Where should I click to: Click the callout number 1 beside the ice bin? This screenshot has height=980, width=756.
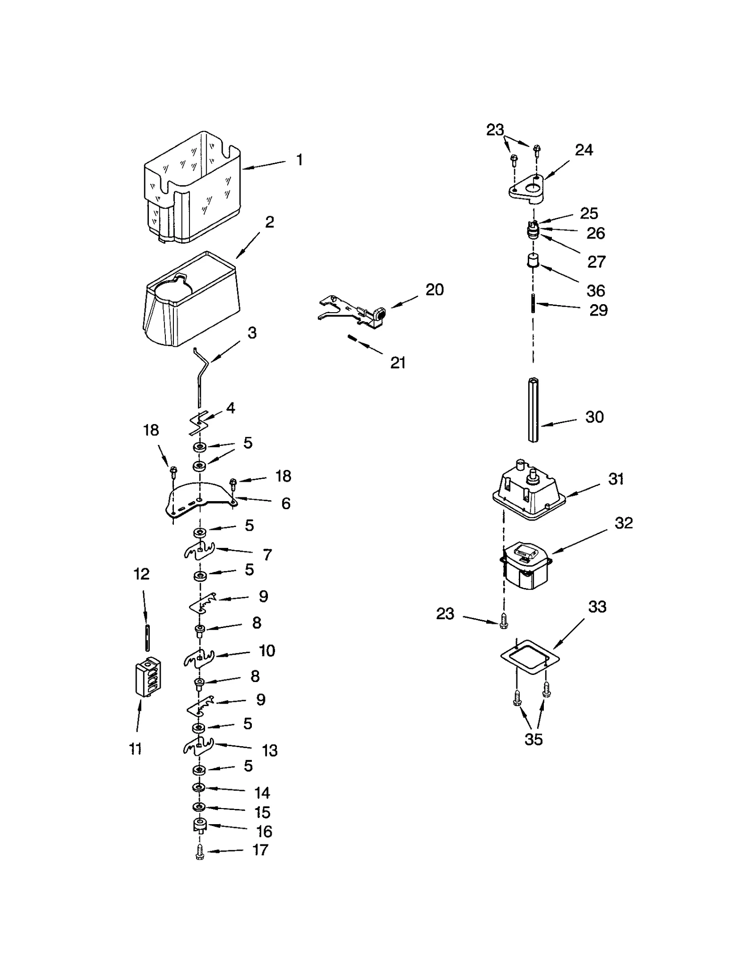pos(299,160)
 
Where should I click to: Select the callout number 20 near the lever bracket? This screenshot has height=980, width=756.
pos(434,290)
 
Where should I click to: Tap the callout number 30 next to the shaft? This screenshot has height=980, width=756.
pos(594,417)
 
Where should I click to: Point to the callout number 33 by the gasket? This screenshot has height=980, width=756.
pos(597,607)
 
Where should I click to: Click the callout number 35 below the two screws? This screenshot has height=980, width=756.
pos(533,740)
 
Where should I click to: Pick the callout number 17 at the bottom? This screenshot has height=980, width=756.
pos(260,850)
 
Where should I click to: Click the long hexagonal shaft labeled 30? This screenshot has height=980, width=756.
pos(533,410)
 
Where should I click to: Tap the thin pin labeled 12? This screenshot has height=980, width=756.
pos(147,638)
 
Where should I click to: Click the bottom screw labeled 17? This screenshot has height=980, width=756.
pos(199,852)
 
